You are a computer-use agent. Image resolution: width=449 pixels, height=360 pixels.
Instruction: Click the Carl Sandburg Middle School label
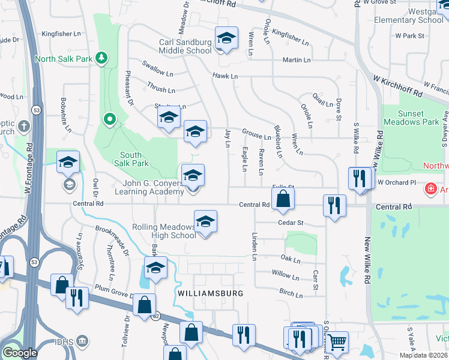coord(185,47)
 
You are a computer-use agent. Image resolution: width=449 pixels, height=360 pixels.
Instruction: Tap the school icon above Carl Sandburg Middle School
coord(226,38)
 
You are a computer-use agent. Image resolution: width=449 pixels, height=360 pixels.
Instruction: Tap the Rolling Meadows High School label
coord(164,231)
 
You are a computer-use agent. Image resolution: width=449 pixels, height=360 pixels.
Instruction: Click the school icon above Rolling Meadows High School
coord(205,221)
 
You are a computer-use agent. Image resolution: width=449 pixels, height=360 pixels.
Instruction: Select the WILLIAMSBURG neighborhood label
coord(210,293)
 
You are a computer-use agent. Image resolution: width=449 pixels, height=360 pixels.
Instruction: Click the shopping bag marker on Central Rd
coord(283,199)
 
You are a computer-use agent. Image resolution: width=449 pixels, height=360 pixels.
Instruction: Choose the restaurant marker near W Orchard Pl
coord(360,178)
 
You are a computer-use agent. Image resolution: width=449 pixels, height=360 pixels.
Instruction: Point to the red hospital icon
coord(430,190)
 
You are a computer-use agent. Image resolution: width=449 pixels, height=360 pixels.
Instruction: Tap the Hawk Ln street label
coord(224,76)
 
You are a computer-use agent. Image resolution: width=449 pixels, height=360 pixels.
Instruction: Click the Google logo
coord(20,353)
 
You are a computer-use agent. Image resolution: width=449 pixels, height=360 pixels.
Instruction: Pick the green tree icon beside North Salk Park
coord(103,58)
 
